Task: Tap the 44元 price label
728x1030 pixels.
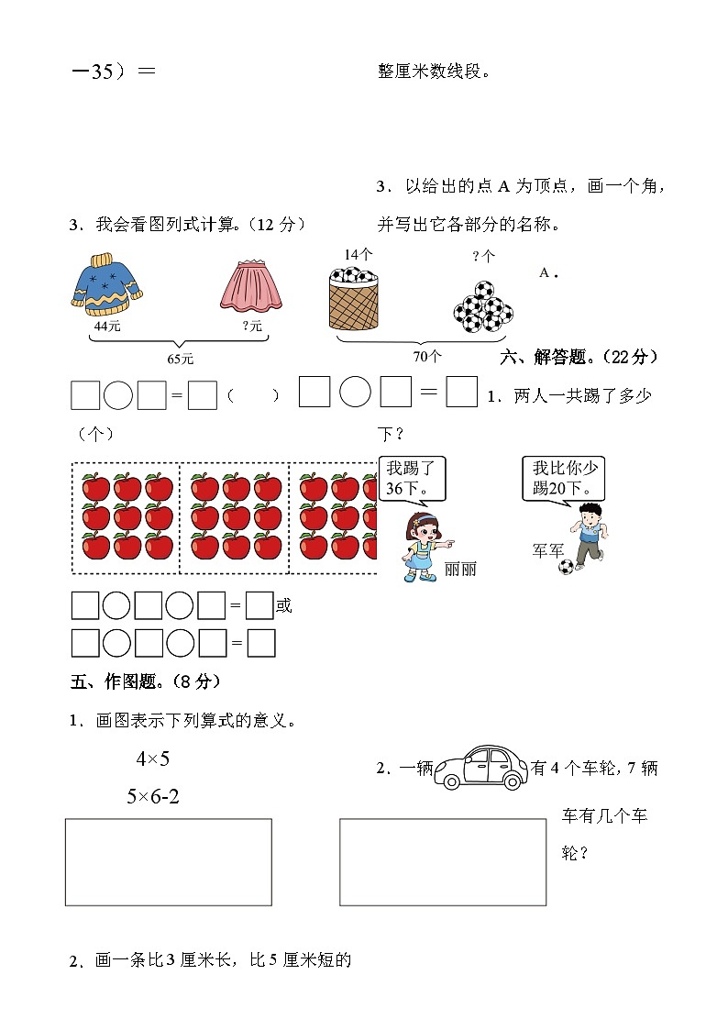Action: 106,326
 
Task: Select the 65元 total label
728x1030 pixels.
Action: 180,359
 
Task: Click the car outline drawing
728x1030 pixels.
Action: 479,767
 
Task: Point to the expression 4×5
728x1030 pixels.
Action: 153,759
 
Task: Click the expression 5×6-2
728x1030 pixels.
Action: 153,796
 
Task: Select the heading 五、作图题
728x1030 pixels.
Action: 145,681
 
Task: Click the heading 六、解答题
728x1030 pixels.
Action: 579,356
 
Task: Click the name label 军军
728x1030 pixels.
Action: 548,550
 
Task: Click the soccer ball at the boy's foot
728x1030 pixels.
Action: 566,568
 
